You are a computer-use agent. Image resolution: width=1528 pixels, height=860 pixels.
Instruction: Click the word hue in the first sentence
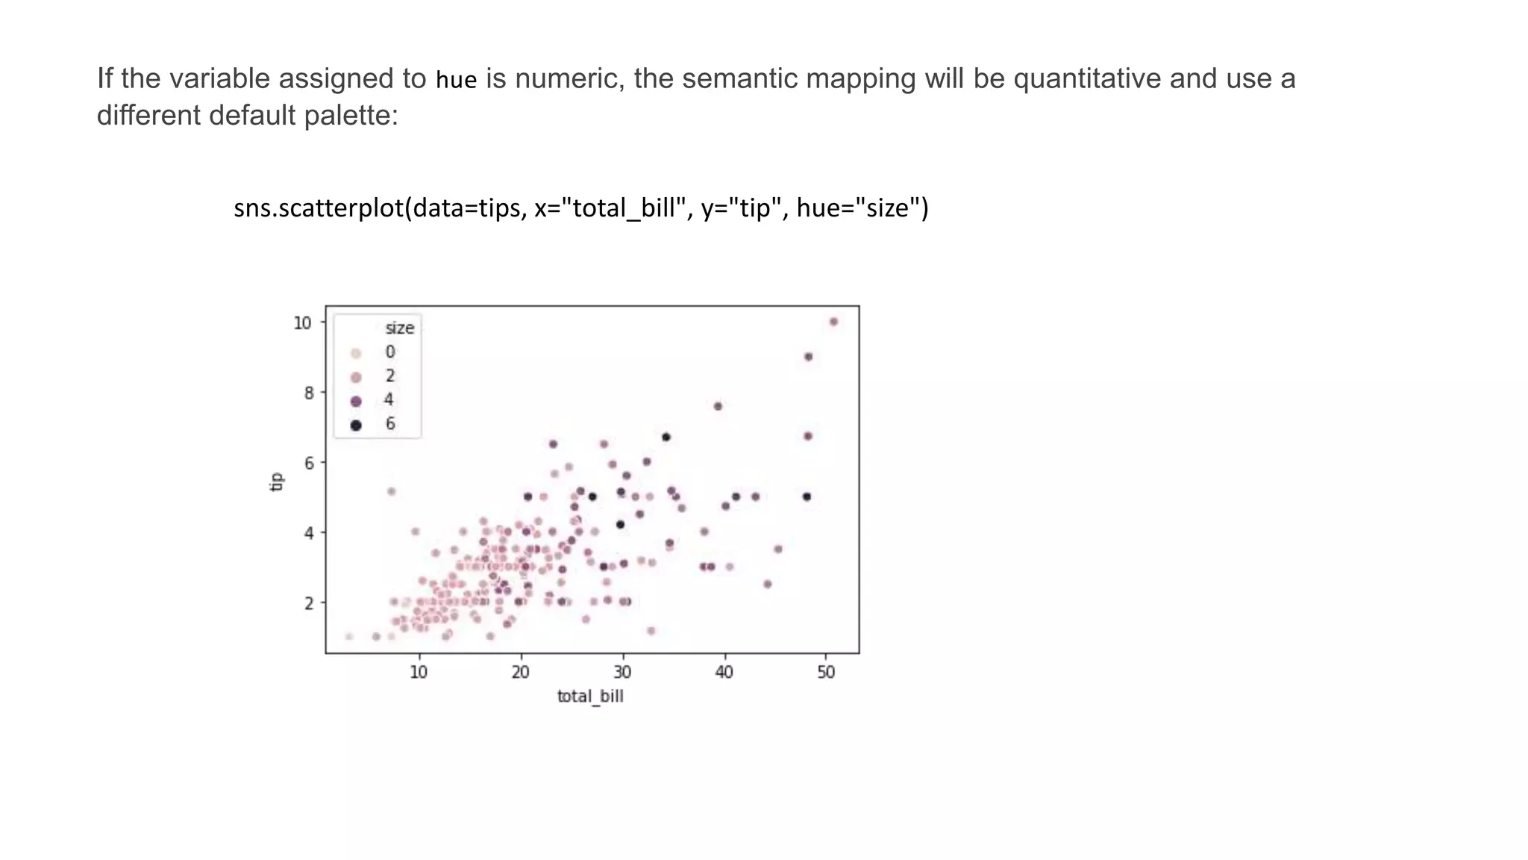click(x=456, y=79)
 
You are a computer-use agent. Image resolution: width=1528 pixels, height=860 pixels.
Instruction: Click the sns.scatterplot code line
click(x=581, y=208)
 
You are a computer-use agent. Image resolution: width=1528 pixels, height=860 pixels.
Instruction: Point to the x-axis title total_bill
click(x=589, y=697)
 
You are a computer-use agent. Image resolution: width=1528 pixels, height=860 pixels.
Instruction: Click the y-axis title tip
click(x=276, y=482)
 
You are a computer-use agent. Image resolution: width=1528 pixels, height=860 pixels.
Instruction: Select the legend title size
click(x=399, y=328)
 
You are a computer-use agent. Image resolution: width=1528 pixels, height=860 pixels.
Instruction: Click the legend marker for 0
click(x=356, y=353)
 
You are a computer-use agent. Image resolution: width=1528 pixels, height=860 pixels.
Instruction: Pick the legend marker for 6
click(x=356, y=425)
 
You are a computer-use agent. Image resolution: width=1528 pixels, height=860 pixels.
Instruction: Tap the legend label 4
click(x=389, y=400)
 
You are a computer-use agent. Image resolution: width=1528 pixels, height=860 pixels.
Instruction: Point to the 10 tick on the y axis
click(x=301, y=322)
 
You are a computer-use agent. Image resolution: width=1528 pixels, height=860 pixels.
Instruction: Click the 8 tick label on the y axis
click(x=308, y=393)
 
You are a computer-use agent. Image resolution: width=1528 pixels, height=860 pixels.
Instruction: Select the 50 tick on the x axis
click(x=826, y=672)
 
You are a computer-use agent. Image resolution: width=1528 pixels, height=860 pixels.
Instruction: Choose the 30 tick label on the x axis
click(x=622, y=672)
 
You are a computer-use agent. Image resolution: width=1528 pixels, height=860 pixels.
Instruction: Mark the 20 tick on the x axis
click(x=520, y=672)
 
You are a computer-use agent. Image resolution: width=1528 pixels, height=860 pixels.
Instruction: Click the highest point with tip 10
click(x=833, y=322)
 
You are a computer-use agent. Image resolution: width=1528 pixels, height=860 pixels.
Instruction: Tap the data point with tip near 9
click(x=808, y=357)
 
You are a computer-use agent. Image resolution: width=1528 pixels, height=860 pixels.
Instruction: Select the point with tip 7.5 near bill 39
click(x=718, y=406)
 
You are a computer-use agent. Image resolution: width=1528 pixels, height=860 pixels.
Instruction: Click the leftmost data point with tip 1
click(x=348, y=636)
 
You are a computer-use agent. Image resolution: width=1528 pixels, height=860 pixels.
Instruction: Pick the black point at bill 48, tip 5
click(x=807, y=496)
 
